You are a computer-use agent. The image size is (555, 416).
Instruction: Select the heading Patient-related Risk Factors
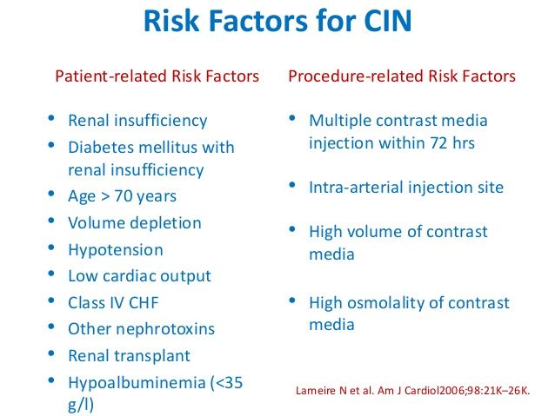157,76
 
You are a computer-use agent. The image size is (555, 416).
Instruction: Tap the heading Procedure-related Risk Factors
402,76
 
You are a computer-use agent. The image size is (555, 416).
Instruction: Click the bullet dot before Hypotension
51,247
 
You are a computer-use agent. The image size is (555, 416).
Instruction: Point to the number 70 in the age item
123,196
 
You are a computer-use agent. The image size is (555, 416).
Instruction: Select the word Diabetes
100,147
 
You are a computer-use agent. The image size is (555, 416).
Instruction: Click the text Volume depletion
135,223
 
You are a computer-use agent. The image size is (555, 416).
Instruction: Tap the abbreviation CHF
144,303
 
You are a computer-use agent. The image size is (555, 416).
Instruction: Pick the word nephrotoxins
165,329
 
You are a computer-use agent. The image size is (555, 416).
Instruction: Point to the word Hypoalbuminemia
137,383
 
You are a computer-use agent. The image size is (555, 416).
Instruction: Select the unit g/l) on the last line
81,405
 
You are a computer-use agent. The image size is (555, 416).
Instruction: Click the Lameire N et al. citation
412,391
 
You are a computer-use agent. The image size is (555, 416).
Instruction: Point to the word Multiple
340,121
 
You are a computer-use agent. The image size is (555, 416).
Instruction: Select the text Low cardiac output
139,276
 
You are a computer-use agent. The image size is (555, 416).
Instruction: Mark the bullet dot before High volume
292,229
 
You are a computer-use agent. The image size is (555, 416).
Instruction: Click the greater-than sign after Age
105,197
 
